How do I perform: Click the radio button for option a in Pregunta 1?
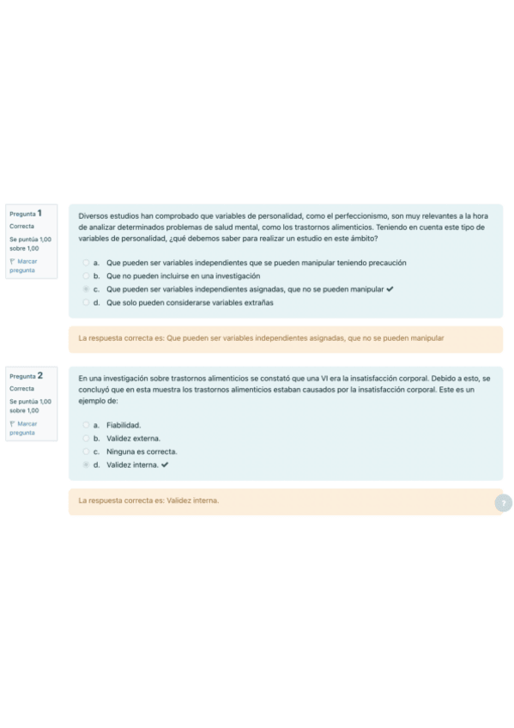click(x=86, y=263)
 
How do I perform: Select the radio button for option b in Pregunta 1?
click(x=86, y=276)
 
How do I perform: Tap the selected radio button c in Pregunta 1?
click(x=86, y=289)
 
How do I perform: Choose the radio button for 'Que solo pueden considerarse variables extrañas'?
click(x=86, y=303)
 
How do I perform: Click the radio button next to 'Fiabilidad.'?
click(x=86, y=425)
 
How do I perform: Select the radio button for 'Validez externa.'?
click(x=86, y=439)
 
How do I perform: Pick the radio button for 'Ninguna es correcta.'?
click(x=86, y=452)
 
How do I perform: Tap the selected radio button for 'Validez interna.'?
click(x=86, y=465)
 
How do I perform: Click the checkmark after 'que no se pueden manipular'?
click(x=390, y=289)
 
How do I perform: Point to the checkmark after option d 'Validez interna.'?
click(x=165, y=465)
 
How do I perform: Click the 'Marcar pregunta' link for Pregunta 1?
click(x=23, y=265)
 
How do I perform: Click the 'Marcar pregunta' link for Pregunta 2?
click(x=23, y=428)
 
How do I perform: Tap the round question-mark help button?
click(x=504, y=503)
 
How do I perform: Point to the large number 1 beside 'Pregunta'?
click(x=39, y=212)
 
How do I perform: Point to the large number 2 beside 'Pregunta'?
click(x=39, y=375)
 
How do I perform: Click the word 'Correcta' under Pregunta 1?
click(x=22, y=226)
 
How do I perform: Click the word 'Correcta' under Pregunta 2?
click(x=22, y=389)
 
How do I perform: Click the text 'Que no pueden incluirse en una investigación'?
click(x=183, y=276)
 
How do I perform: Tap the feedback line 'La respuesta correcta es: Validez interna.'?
click(x=148, y=500)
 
